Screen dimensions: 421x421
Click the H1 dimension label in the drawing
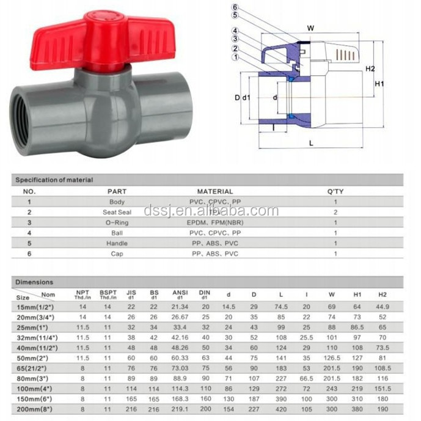(379, 83)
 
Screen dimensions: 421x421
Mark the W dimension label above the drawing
(310, 27)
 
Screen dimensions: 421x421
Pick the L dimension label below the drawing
(311, 142)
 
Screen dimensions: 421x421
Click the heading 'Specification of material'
(54, 180)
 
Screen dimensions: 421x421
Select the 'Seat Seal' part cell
(117, 211)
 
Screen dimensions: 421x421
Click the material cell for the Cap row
(214, 254)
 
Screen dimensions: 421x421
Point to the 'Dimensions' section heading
(34, 282)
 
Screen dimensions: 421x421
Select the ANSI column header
(180, 295)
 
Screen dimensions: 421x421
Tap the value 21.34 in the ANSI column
(180, 306)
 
